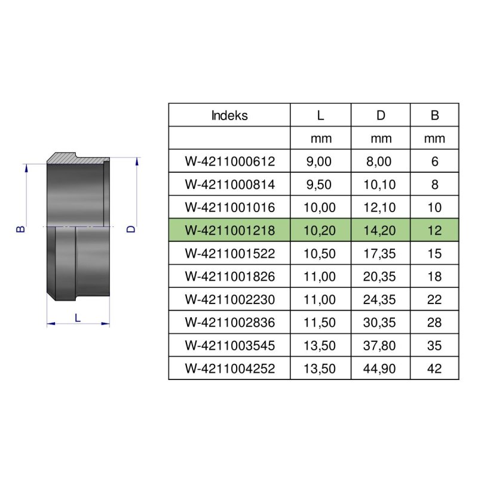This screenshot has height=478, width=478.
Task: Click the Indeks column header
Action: (229, 116)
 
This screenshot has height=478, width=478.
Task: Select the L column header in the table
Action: (320, 116)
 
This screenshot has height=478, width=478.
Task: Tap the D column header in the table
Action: (380, 116)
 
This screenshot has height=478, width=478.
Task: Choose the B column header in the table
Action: (434, 116)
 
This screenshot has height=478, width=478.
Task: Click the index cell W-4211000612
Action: (229, 162)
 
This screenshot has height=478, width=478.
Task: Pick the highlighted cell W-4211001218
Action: (229, 231)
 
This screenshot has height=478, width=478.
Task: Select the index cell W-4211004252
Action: (229, 369)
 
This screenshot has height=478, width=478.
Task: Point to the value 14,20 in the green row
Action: (380, 231)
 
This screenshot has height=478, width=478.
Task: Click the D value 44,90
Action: (380, 369)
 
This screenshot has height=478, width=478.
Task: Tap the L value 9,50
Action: (320, 185)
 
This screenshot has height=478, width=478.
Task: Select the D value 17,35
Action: (380, 253)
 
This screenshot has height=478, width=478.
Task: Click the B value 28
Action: (434, 323)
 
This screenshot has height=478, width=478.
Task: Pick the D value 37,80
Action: (380, 346)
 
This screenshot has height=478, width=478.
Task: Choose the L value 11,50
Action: (320, 323)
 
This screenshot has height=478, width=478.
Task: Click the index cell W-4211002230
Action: (229, 300)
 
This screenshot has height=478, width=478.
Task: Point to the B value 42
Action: (434, 369)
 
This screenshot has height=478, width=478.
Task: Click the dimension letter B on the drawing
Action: (21, 229)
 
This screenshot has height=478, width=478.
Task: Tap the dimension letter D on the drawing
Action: (132, 229)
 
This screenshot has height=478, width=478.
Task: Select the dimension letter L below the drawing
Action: (78, 318)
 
